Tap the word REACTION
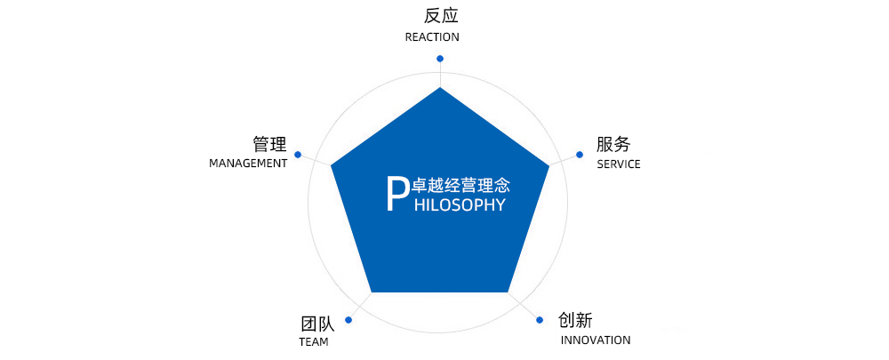coord(432,37)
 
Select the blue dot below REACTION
coord(439,59)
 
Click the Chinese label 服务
coord(613,144)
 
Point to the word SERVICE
coord(619,164)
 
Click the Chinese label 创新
coord(575,320)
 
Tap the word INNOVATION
coord(596,340)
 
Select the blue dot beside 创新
coord(541,319)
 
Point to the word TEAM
coord(314,342)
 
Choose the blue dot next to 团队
coord(348,320)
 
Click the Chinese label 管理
coord(269,144)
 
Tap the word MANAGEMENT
coord(248,164)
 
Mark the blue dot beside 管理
coord(298,155)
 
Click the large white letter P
coord(396,194)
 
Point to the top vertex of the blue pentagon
coord(439,88)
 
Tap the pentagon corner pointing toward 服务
coord(549,165)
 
